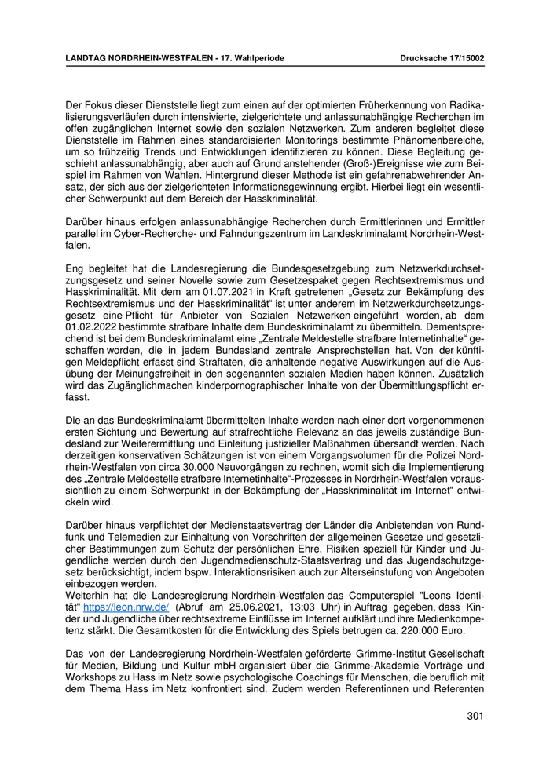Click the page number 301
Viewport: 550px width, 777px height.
click(x=474, y=716)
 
